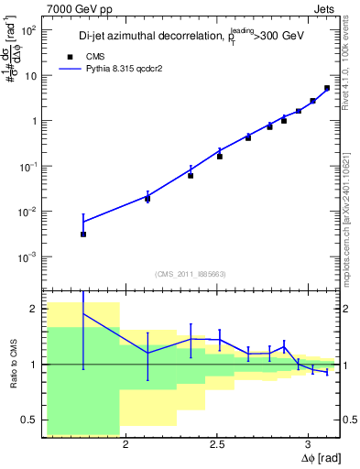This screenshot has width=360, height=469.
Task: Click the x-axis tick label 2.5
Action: (x=217, y=445)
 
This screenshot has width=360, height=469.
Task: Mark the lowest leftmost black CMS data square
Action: (x=83, y=234)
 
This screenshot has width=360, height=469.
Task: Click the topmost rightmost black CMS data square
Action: (x=327, y=88)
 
